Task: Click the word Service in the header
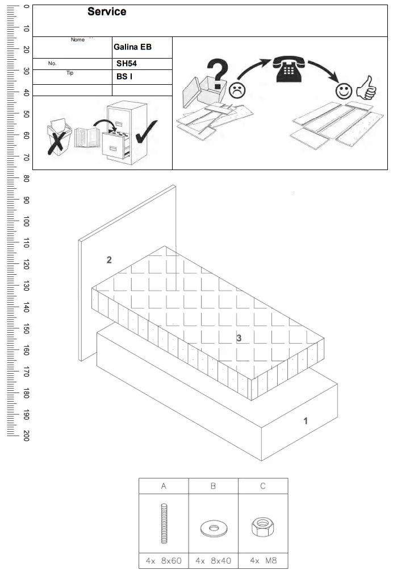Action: [107, 12]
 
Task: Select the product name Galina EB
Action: [132, 47]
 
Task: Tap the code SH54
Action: [127, 64]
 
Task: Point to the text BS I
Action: [124, 76]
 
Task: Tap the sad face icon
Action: [235, 89]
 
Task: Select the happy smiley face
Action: [343, 90]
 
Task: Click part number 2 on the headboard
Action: [109, 260]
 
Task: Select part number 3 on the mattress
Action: [239, 338]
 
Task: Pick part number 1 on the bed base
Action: [306, 421]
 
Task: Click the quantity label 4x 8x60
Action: [164, 560]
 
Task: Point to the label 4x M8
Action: [262, 560]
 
